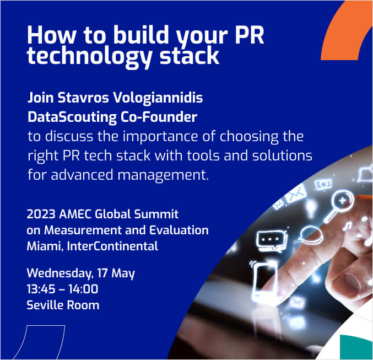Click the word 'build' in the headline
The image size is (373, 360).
[141, 35]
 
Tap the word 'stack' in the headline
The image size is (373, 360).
[189, 56]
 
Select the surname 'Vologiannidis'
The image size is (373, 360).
[158, 98]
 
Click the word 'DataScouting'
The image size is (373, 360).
[72, 117]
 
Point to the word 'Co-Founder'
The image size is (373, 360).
[159, 117]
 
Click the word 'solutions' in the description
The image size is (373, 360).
[282, 155]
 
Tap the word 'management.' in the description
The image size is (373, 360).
[163, 175]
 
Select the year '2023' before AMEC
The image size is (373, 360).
[41, 214]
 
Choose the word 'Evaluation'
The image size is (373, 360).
[179, 230]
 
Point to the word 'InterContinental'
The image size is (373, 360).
[112, 246]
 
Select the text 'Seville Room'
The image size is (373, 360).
[63, 305]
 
